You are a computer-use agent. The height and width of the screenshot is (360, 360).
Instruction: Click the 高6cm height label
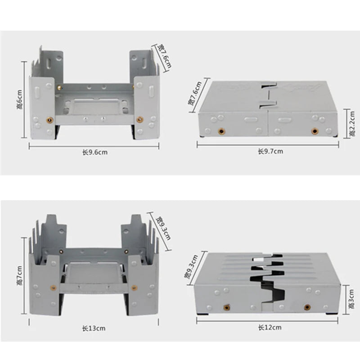[x=19, y=99]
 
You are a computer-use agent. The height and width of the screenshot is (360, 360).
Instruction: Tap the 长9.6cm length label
[x=94, y=152]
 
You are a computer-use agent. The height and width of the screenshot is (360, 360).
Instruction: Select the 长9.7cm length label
[x=270, y=151]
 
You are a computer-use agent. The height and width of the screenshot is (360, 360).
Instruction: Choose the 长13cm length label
[x=94, y=328]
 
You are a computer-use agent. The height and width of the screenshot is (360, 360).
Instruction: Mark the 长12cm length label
[x=270, y=327]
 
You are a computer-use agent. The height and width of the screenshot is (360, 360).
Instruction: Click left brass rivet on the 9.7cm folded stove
[x=221, y=131]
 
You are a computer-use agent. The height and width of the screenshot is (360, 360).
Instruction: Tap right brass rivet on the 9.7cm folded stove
[x=314, y=131]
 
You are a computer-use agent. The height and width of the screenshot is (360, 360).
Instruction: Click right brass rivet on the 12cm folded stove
[x=307, y=307]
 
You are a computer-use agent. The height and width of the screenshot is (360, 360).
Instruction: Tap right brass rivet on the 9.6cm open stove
[x=139, y=119]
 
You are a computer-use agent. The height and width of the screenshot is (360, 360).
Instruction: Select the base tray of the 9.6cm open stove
[x=94, y=108]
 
